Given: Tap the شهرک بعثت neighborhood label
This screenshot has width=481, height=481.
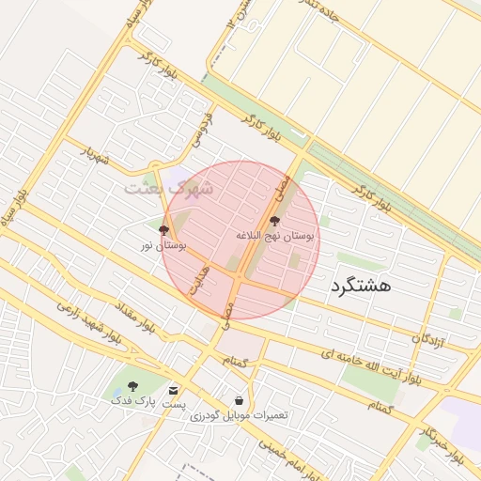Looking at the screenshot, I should (x=170, y=188).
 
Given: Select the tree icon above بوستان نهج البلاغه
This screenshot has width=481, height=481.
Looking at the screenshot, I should (x=274, y=222).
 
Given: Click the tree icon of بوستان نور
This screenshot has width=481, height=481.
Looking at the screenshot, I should (x=163, y=230).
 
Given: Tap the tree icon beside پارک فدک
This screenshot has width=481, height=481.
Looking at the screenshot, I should (x=132, y=386).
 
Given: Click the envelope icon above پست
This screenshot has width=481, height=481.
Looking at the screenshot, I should (x=173, y=390).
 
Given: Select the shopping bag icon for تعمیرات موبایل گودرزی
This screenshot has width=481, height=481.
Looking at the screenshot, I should (x=239, y=401).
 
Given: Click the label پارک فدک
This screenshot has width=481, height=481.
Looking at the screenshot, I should (x=132, y=401).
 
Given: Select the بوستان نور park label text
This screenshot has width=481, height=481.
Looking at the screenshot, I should (x=163, y=245).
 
